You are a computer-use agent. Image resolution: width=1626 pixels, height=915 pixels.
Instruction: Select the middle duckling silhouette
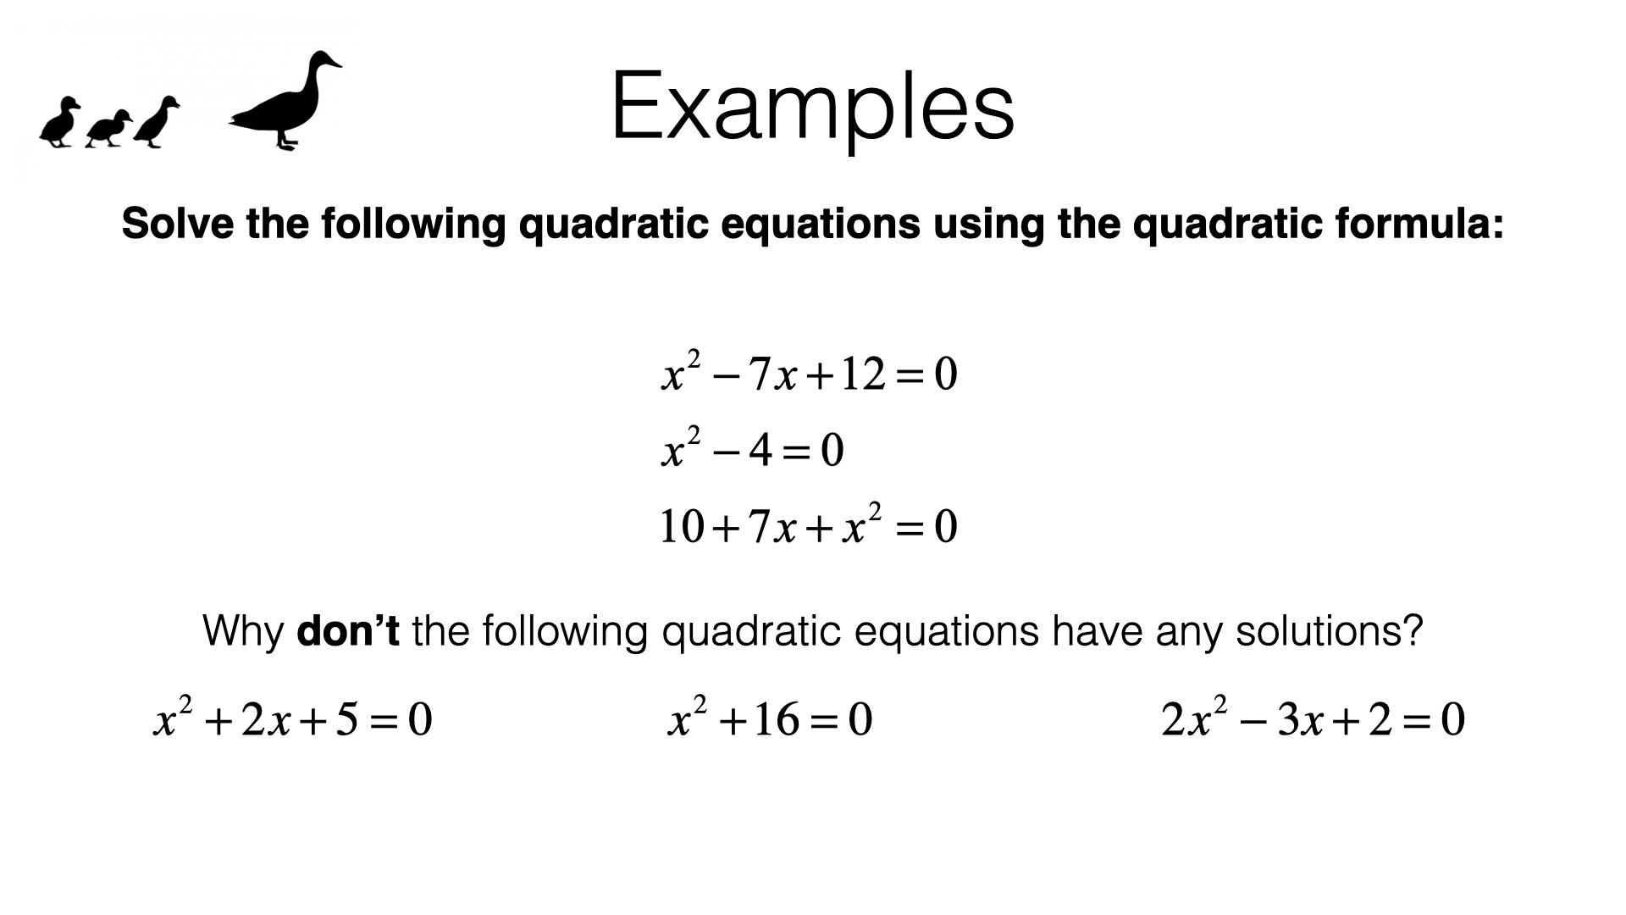(108, 129)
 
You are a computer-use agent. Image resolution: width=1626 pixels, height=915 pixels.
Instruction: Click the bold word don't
(348, 631)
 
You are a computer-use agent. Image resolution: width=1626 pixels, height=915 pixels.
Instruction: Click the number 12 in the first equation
(863, 374)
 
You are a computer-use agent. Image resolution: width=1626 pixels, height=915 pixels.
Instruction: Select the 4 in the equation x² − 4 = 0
(760, 450)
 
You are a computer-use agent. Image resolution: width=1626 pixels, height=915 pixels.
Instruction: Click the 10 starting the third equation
(682, 526)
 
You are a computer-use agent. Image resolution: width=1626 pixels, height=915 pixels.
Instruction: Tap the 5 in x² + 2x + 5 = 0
(347, 719)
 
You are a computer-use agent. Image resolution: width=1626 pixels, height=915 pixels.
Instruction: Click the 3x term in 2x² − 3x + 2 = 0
(1300, 719)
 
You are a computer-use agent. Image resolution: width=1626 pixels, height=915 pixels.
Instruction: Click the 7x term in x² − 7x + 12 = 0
(773, 374)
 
